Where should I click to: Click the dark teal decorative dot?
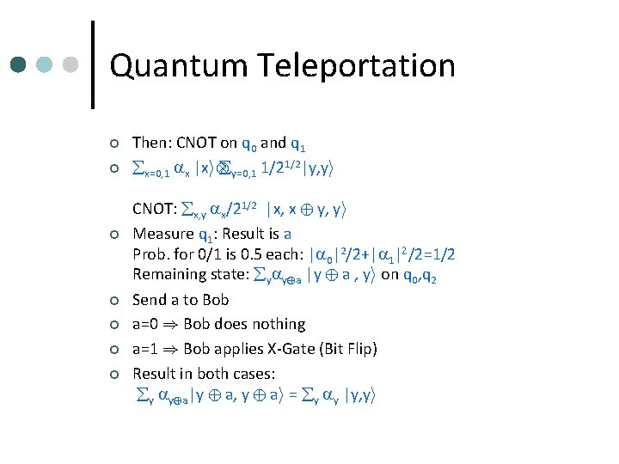pyautogui.click(x=18, y=65)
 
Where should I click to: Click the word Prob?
pyautogui.click(x=150, y=254)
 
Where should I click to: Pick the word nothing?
pyautogui.click(x=278, y=324)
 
